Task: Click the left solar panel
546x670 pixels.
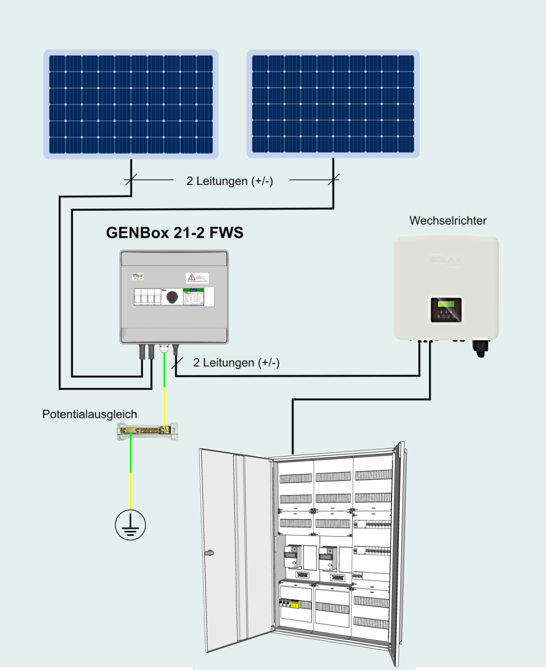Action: click(x=131, y=104)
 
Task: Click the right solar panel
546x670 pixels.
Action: click(x=333, y=104)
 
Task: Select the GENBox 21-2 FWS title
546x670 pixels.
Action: click(x=175, y=233)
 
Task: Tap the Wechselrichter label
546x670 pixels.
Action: click(x=448, y=220)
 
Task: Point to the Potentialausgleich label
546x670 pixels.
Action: click(x=90, y=414)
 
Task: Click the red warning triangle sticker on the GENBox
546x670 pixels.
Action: click(x=192, y=278)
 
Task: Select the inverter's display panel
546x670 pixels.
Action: click(x=446, y=309)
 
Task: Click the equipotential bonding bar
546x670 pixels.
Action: click(x=148, y=431)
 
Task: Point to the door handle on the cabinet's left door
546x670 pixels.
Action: click(x=209, y=553)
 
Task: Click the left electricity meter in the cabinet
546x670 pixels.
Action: click(x=292, y=557)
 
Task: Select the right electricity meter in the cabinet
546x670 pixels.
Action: click(x=328, y=558)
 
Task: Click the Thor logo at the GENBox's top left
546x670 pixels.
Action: click(x=138, y=277)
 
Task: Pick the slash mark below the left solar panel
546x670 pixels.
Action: click(x=131, y=180)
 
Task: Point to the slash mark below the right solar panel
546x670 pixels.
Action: click(x=333, y=180)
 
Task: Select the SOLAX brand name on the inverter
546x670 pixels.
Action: click(x=446, y=260)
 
